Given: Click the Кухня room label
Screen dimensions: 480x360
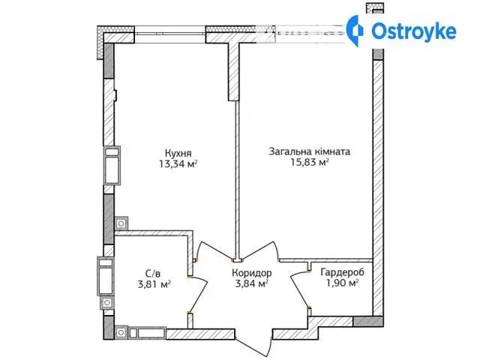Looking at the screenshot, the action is click(178, 153).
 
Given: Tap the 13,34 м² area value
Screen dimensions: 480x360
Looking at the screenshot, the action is click(178, 164).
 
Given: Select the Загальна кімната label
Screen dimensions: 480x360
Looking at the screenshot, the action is click(309, 151).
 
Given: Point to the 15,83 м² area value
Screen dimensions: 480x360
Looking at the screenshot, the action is click(310, 162).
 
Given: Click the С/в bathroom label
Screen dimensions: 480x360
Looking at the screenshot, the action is click(153, 273).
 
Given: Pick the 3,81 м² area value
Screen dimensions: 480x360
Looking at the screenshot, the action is click(154, 284).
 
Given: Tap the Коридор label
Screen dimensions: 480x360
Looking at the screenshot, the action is click(252, 272).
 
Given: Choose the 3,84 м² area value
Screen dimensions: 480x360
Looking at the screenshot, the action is click(252, 283).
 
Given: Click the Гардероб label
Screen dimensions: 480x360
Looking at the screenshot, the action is click(342, 271).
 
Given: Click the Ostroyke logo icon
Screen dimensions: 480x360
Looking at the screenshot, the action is click(355, 31).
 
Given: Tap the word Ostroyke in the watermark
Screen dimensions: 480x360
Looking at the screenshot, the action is click(413, 31).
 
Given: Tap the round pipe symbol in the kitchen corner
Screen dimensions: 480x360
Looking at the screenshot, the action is click(121, 223).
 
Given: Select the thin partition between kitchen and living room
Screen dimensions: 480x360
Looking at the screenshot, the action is click(237, 181).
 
